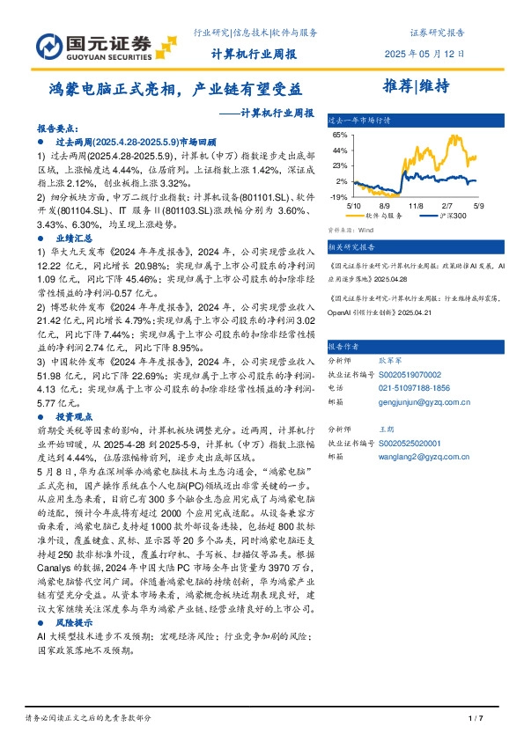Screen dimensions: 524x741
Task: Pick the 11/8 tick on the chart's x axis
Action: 417,203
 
